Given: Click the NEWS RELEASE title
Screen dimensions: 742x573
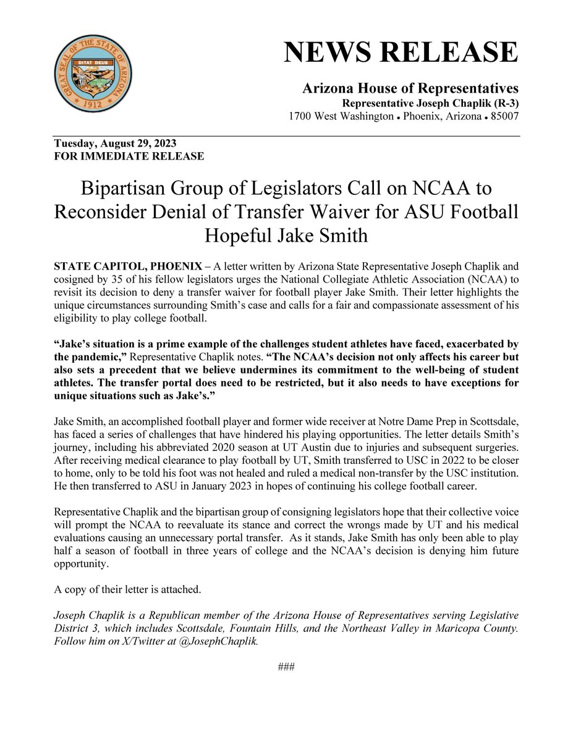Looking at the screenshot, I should point(401,53).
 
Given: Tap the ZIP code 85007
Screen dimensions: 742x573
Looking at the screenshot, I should point(502,116).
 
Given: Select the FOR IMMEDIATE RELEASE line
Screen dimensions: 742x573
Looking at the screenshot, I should point(129,156).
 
